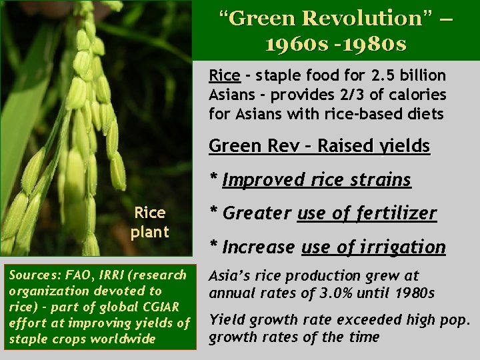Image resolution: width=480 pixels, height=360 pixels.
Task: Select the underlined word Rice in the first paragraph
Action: point(223,75)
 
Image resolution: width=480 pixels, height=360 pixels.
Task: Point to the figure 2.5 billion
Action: point(408,75)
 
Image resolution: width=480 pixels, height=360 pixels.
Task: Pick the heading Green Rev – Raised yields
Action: point(319,146)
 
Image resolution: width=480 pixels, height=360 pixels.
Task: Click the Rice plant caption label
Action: point(150,223)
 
